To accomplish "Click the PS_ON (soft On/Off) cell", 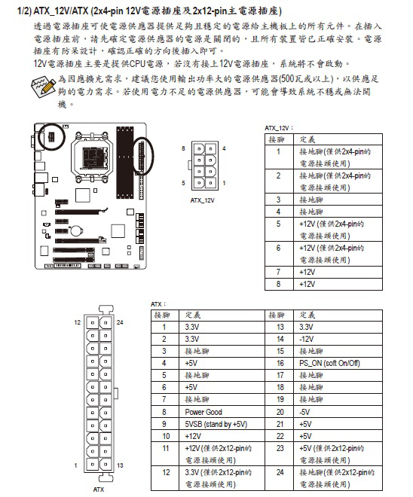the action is click(329, 363).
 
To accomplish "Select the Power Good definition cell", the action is click(203, 412).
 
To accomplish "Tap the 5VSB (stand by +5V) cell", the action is click(216, 424).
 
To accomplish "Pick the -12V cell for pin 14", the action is click(307, 339).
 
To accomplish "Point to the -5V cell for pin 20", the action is click(304, 412).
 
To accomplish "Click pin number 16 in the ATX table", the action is click(280, 363).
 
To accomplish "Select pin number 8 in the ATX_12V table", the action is click(278, 284).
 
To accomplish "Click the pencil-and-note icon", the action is click(44, 86).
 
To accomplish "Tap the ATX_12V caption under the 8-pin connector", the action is click(203, 200).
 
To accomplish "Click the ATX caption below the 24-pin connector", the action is click(99, 489).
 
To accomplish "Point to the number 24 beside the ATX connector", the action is click(120, 322).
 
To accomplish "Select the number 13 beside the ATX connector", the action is click(120, 465).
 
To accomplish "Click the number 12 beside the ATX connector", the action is click(78, 322).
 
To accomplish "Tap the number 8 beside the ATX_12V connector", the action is click(183, 148).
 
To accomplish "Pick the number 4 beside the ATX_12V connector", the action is click(224, 148).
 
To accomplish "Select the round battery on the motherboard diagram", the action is click(76, 230).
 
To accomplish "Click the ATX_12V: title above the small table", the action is click(279, 128).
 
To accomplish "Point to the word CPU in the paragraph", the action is click(137, 64).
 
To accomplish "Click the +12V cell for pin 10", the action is click(193, 436).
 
